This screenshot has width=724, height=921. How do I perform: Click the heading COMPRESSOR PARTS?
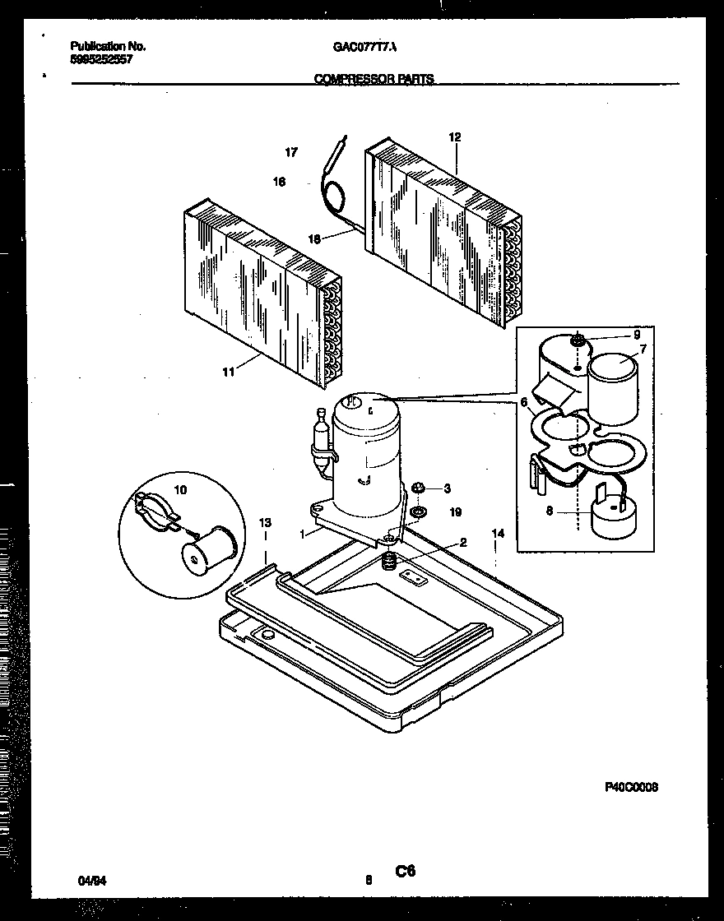click(374, 80)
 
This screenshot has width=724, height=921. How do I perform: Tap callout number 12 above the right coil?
click(454, 137)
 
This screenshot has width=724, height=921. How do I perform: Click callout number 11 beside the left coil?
click(228, 372)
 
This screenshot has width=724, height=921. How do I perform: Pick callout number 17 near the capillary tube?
click(291, 152)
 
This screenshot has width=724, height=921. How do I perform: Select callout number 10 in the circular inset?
click(180, 489)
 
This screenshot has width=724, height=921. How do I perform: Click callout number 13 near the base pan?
click(264, 523)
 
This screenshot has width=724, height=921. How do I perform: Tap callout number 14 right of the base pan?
click(497, 534)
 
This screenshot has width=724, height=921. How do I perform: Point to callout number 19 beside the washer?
click(455, 512)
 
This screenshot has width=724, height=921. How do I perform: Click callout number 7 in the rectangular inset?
click(642, 349)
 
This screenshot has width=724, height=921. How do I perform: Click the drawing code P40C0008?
click(631, 788)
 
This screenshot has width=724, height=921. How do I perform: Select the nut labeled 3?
click(417, 488)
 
